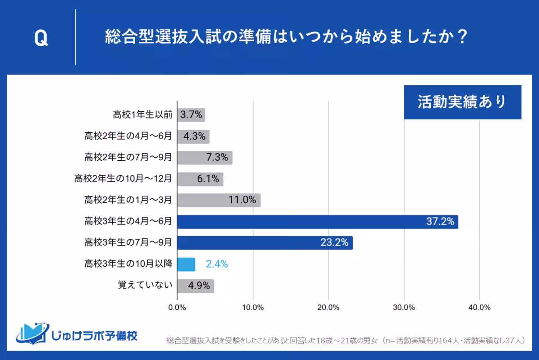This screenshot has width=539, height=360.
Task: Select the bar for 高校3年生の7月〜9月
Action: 265,243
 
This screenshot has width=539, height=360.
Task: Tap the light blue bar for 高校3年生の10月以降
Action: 186,264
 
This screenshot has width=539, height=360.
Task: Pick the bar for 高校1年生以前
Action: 191,115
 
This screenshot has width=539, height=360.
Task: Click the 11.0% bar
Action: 219,200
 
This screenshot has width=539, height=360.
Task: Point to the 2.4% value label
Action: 216,264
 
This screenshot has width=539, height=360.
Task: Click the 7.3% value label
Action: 217,158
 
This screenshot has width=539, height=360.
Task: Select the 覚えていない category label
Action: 145,285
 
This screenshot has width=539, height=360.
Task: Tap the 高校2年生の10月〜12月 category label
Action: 124,179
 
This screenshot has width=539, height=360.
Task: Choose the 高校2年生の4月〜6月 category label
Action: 128,136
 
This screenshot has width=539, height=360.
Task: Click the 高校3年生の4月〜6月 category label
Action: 128,222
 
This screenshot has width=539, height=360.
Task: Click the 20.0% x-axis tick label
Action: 328,307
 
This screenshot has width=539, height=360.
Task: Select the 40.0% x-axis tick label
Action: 479,307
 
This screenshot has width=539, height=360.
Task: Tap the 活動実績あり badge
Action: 462,102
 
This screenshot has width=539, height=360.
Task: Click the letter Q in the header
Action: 41,39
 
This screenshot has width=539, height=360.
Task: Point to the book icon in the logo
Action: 31,333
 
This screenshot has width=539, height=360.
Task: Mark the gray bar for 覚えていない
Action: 195,285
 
